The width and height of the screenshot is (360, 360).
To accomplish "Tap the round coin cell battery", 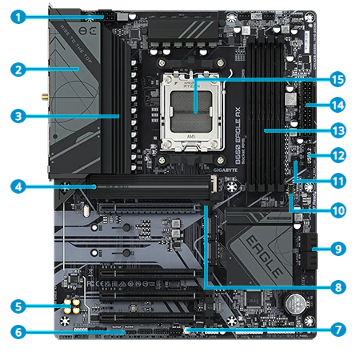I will [298, 302].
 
